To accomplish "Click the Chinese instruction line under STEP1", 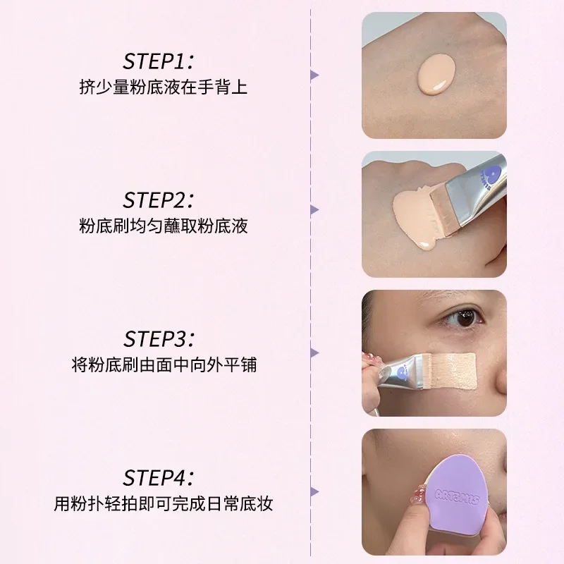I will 163,87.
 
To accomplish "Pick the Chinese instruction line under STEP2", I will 163,226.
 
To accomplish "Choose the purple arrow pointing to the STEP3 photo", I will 315,352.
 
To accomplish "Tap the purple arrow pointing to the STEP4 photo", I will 315,491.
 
